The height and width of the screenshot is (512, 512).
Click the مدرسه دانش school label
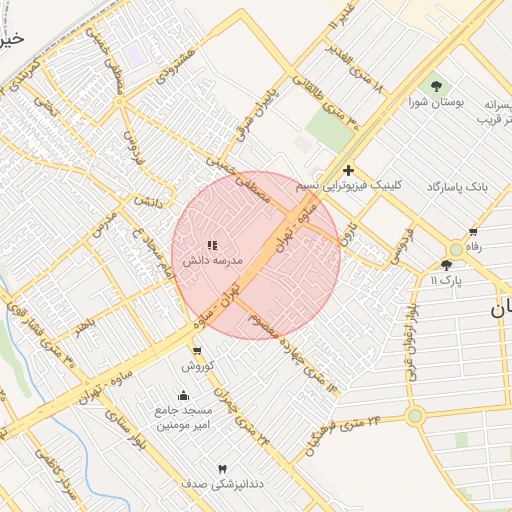[x=211, y=260]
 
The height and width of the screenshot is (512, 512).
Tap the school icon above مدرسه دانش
[x=211, y=245]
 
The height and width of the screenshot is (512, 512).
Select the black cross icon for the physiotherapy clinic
[x=348, y=171]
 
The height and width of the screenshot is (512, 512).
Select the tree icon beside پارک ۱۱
[x=446, y=265]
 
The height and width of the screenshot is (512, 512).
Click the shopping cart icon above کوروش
[x=196, y=351]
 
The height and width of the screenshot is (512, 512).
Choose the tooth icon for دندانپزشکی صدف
[x=223, y=468]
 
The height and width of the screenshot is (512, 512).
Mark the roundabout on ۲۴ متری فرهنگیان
[x=414, y=416]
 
